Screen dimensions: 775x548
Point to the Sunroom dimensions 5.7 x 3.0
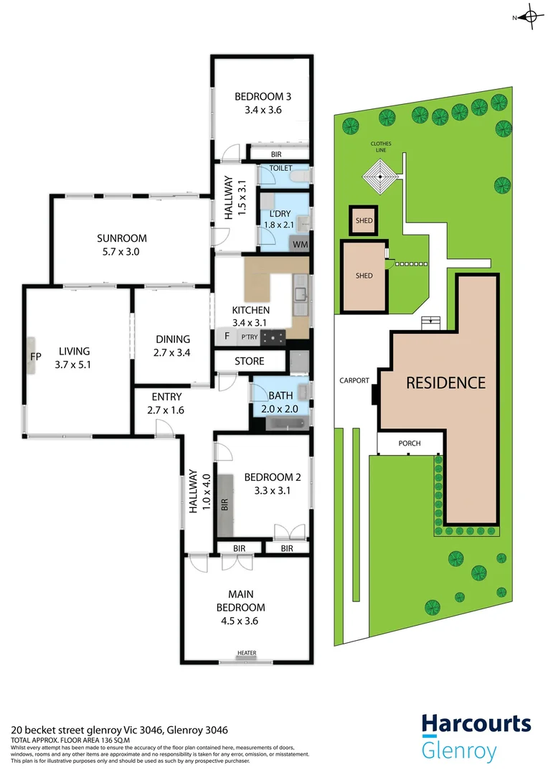pyautogui.click(x=122, y=252)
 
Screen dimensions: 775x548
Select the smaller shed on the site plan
pyautogui.click(x=364, y=221)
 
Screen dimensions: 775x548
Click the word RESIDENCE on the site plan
pyautogui.click(x=445, y=382)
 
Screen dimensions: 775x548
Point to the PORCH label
pyautogui.click(x=409, y=443)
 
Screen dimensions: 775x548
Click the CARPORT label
pyautogui.click(x=354, y=381)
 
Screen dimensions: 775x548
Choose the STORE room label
pyautogui.click(x=250, y=362)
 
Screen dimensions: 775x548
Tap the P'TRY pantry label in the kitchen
pyautogui.click(x=249, y=337)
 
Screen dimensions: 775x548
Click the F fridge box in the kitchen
pyautogui.click(x=227, y=336)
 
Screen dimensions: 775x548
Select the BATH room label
pyautogui.click(x=280, y=395)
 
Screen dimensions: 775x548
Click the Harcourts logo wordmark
pyautogui.click(x=476, y=723)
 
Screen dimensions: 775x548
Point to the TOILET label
pyautogui.click(x=280, y=168)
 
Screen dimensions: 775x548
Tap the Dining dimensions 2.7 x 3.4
pyautogui.click(x=172, y=352)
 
